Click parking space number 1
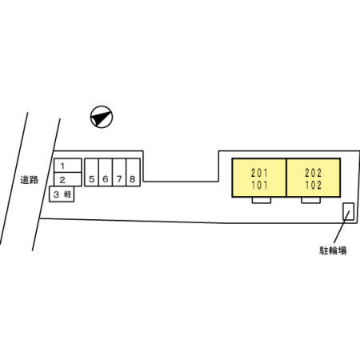[x=68, y=166]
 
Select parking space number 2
[x=68, y=179]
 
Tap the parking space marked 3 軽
[x=62, y=194]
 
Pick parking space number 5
[x=91, y=172]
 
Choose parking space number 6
[x=106, y=172]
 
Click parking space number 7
[x=119, y=172]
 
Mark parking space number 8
[x=133, y=172]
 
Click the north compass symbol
[x=102, y=117]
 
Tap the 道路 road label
[x=30, y=180]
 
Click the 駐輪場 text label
[x=333, y=250]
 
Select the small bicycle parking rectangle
[x=349, y=211]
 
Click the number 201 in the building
[x=259, y=173]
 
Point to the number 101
[x=259, y=185]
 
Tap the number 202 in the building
[x=314, y=173]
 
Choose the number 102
[x=314, y=185]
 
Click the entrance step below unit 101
[x=262, y=200]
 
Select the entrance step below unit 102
[x=311, y=200]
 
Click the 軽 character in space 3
[x=68, y=194]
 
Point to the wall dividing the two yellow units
[x=286, y=178]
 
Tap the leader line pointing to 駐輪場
[x=342, y=226]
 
